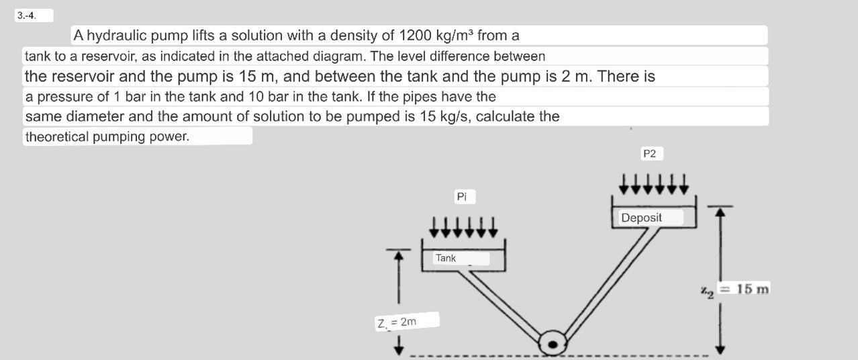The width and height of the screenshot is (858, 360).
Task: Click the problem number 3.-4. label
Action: [28, 15]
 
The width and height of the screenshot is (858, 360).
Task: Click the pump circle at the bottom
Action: [553, 344]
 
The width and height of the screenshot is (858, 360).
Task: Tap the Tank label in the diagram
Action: [445, 258]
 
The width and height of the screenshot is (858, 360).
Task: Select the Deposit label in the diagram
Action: [641, 218]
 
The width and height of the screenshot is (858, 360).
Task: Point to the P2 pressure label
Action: [649, 154]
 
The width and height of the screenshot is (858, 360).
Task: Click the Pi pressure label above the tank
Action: [461, 197]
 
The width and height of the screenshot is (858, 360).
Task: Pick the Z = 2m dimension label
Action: [396, 322]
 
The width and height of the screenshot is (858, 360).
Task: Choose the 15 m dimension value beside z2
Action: [752, 289]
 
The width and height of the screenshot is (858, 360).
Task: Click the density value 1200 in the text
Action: [415, 36]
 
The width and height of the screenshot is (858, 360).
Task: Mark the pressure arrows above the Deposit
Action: [654, 183]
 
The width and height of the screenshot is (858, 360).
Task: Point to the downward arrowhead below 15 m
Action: [720, 349]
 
